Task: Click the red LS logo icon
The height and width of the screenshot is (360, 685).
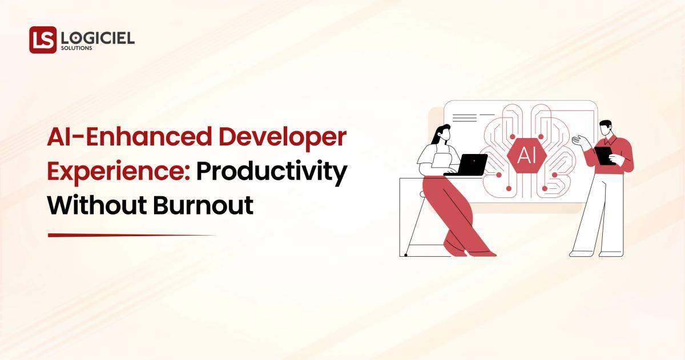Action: coord(43,40)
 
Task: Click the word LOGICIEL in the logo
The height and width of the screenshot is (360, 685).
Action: coord(97,38)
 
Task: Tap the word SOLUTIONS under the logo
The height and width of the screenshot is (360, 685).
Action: coord(76,49)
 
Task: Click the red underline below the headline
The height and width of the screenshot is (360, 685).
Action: coord(131,235)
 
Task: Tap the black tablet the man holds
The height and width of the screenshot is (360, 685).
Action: coord(604,155)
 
